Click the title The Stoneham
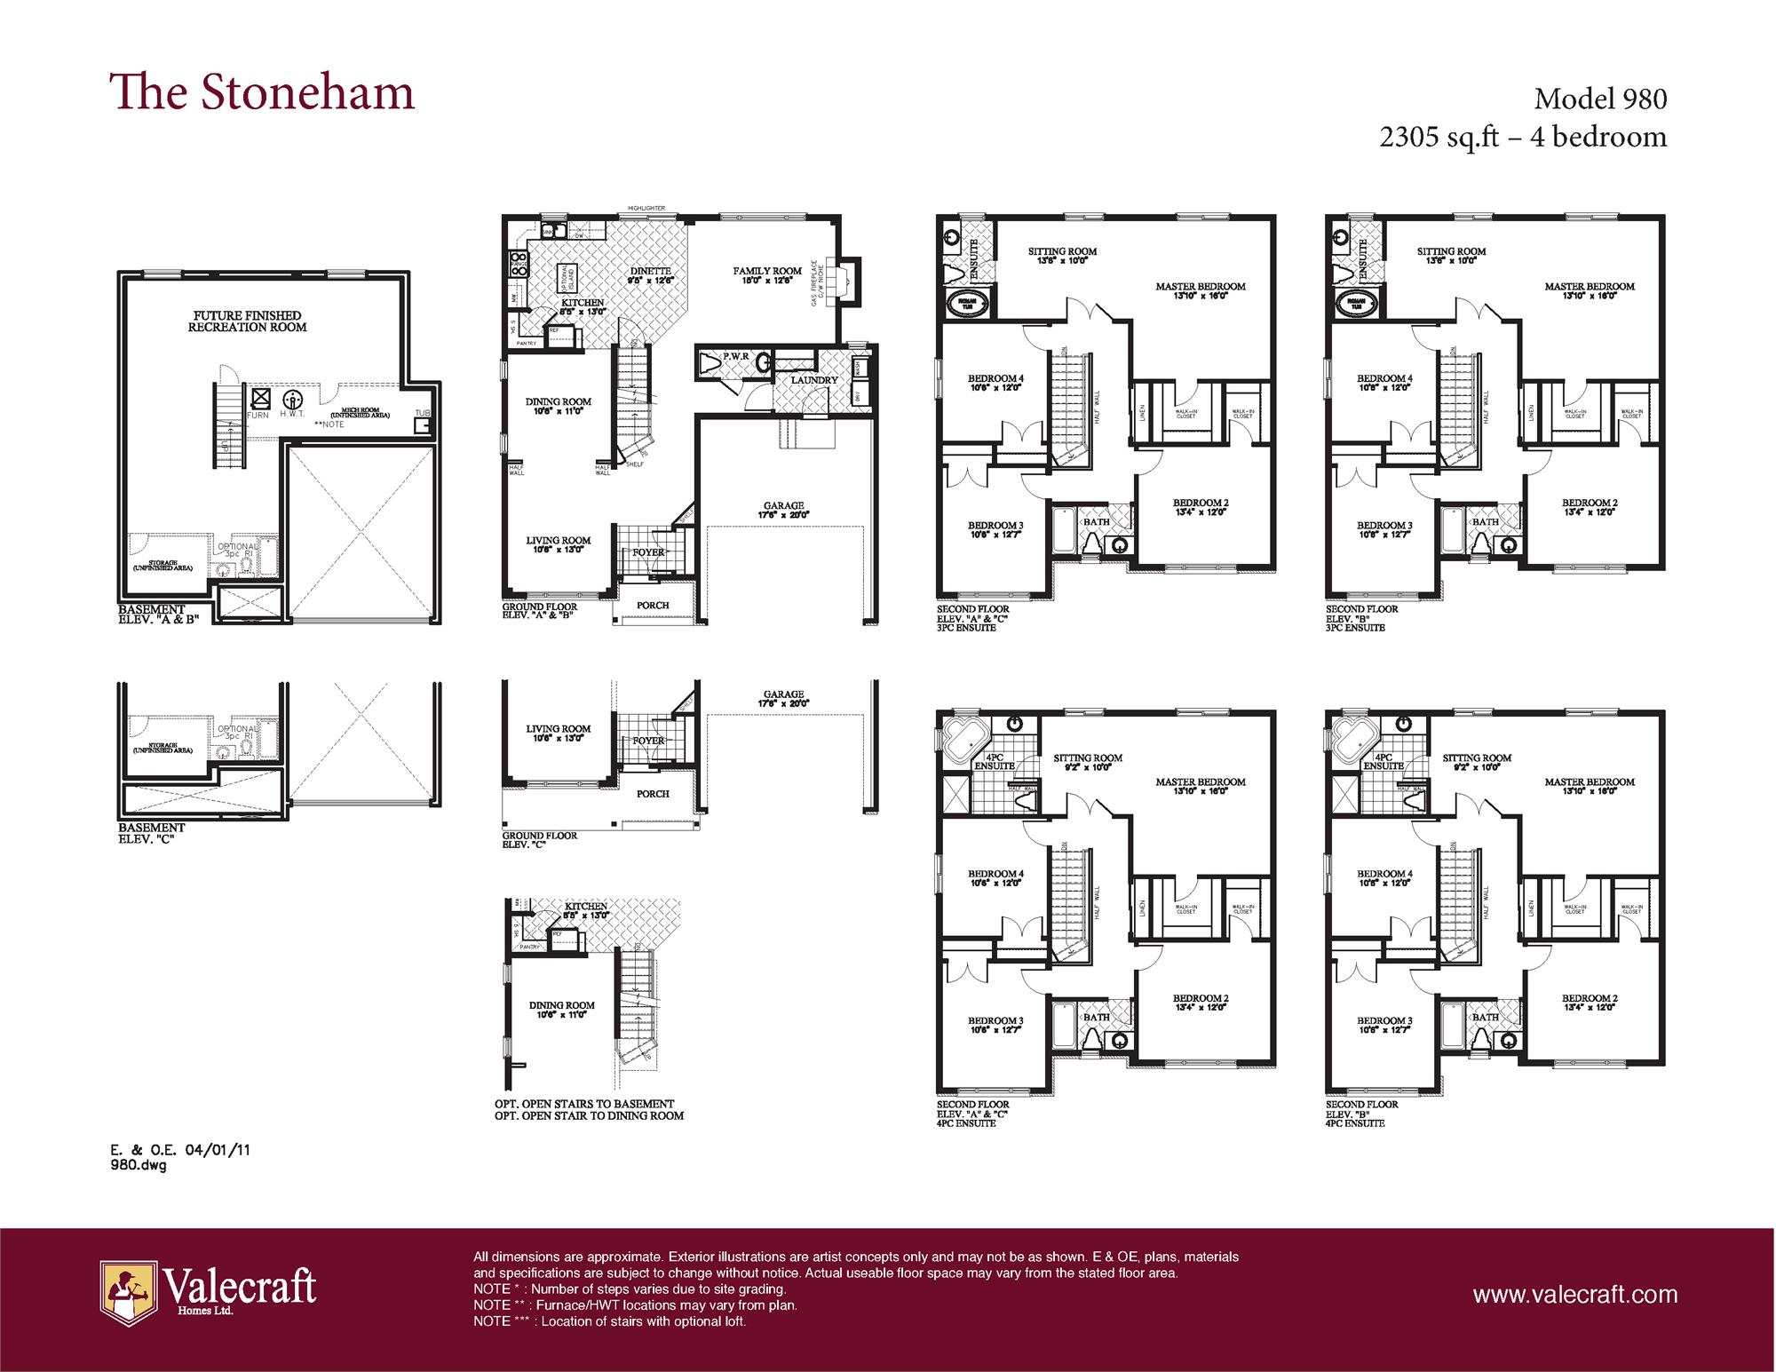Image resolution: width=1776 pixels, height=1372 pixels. click(262, 93)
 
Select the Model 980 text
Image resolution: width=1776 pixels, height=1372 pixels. click(1600, 99)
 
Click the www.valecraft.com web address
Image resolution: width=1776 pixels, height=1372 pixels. click(1574, 1295)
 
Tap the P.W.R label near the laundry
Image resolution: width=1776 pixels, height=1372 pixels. click(736, 356)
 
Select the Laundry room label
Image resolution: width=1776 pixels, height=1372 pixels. click(813, 380)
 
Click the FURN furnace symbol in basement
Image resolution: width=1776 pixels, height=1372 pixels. click(261, 399)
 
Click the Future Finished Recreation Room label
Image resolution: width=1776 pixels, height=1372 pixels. click(247, 321)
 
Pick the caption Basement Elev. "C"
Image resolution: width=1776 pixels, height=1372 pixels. click(151, 833)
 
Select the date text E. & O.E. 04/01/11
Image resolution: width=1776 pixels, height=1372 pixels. click(180, 1150)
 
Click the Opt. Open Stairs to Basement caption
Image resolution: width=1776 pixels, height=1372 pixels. click(584, 1104)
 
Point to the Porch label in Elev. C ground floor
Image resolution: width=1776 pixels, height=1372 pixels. click(653, 794)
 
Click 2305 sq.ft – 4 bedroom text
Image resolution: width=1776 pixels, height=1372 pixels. click(1523, 138)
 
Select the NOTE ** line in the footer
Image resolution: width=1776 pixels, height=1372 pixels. click(635, 1305)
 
